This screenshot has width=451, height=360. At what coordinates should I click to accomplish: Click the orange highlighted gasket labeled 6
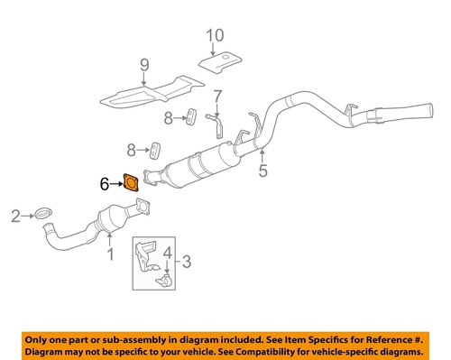(131, 184)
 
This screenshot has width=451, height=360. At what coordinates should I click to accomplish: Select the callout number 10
(214, 36)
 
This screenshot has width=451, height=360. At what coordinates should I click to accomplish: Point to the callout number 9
(143, 65)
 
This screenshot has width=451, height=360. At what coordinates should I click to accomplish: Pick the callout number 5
(262, 168)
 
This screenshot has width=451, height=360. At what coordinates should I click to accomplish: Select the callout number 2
(15, 215)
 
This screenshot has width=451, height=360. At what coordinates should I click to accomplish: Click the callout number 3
(188, 263)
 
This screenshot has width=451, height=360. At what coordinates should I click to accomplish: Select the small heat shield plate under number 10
(217, 60)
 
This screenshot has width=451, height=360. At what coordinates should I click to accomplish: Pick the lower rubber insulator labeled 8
(156, 148)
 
